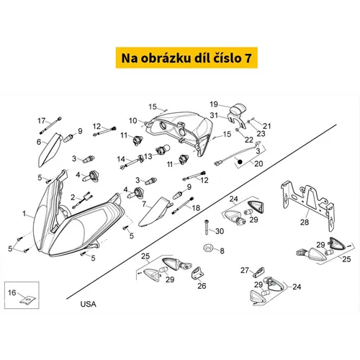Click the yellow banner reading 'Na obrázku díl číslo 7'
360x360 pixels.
click(186, 58)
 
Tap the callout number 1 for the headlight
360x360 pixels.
click(24, 213)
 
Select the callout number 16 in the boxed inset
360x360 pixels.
click(12, 292)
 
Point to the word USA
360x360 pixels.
click(88, 304)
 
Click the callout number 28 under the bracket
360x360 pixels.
click(305, 222)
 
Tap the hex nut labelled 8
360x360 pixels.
click(207, 248)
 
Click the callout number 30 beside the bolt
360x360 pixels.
click(220, 231)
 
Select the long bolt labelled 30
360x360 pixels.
click(207, 228)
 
